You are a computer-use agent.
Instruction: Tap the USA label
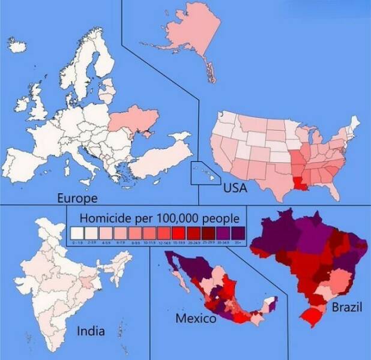[235, 188]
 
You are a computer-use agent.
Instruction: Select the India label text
[91, 330]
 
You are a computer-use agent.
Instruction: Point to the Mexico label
[196, 318]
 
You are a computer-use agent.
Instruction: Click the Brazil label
[347, 308]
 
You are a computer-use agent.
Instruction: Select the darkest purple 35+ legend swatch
[237, 232]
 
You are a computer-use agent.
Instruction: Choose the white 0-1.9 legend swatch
[76, 232]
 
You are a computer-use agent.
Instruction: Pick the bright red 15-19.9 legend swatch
[178, 232]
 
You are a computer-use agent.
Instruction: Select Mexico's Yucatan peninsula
[271, 302]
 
